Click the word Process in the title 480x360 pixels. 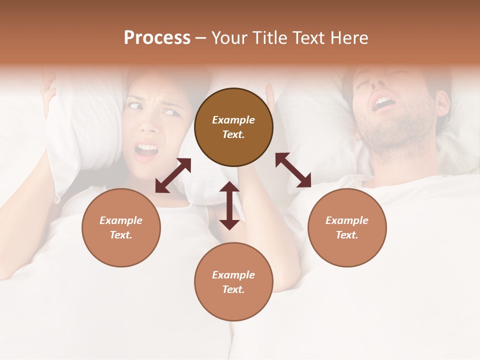tap(157, 38)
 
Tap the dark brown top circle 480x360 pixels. tap(233, 127)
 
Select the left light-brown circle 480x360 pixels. tap(121, 227)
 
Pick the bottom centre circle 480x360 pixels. tap(233, 281)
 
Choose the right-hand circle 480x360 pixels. tap(347, 227)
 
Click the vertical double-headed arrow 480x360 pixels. tap(229, 205)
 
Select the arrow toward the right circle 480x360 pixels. tap(293, 170)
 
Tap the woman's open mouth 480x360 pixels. tap(146, 149)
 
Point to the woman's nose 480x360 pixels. tap(148, 125)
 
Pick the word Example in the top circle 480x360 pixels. tap(233, 120)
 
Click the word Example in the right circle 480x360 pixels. tap(347, 220)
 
